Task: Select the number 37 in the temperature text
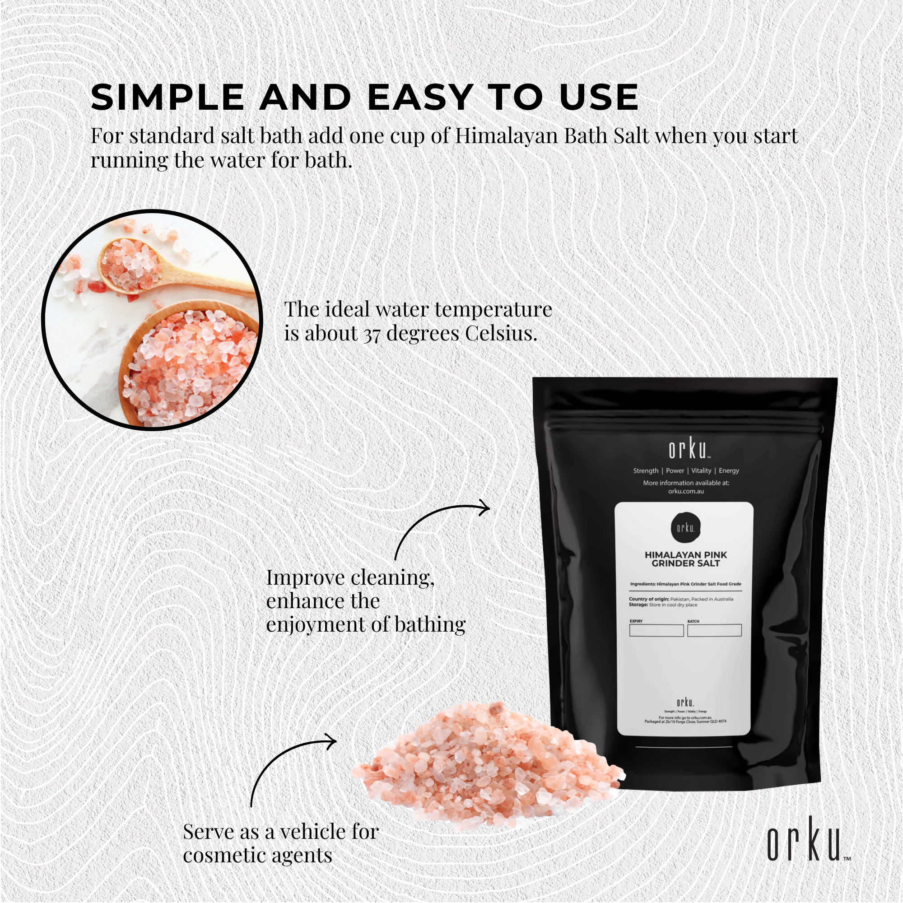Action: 372,334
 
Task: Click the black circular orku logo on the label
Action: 686,528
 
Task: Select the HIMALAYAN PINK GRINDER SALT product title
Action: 686,559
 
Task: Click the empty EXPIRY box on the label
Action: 656,630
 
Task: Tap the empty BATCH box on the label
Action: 714,630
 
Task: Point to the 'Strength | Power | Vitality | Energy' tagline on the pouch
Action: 686,470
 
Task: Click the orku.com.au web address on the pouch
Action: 686,491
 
